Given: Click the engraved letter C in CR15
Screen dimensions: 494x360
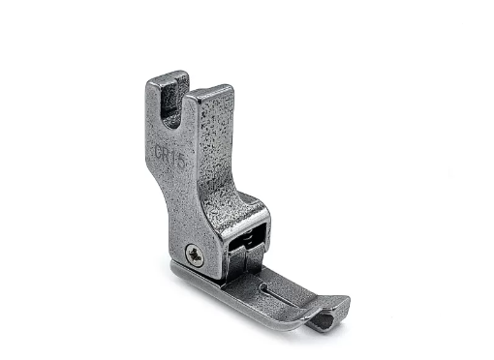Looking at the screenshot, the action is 160,151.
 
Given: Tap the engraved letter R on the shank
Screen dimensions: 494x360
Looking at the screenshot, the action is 169,155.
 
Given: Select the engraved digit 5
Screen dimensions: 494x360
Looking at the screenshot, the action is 181,162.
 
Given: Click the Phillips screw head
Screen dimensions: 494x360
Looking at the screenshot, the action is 195,254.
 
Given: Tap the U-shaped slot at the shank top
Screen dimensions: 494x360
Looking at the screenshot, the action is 171,105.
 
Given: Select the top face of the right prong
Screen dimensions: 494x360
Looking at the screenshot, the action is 210,91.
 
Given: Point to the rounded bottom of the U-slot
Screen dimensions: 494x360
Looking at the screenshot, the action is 170,123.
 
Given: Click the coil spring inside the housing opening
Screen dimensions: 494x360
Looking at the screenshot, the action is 249,237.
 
